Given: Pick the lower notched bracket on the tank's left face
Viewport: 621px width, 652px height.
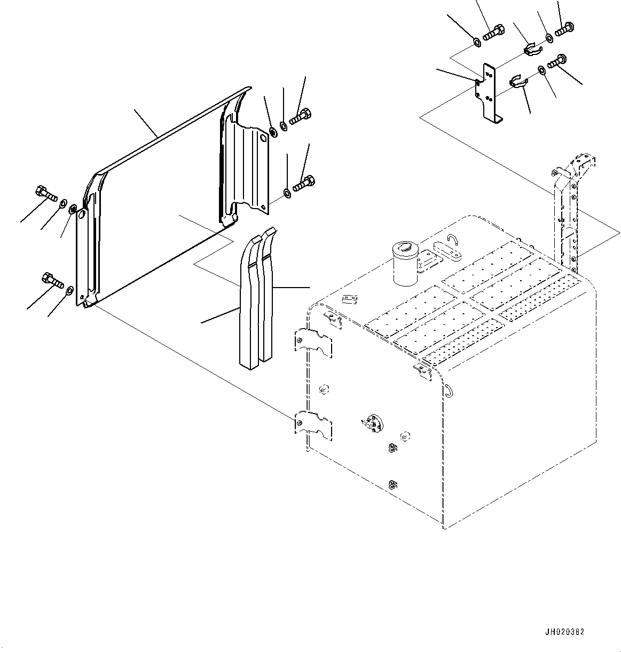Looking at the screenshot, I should (x=313, y=424).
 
